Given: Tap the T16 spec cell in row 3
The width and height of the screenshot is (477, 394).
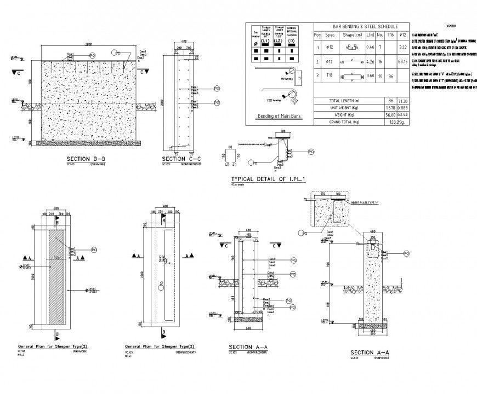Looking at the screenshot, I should [x=330, y=77].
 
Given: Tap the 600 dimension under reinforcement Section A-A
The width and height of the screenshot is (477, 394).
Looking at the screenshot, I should [x=248, y=328].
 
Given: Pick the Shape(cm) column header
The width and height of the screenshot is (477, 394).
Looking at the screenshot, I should [x=349, y=34].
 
